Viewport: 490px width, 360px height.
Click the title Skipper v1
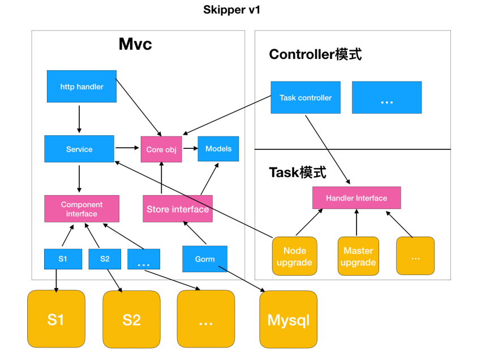pos(231,10)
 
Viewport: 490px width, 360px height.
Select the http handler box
pos(81,87)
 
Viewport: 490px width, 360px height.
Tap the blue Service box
pos(79,149)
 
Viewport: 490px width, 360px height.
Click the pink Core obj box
pos(161,149)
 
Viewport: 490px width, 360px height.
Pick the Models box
pos(218,148)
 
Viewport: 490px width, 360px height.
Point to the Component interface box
pos(81,209)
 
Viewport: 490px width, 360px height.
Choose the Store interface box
pos(178,209)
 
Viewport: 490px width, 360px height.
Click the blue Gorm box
pos(204,259)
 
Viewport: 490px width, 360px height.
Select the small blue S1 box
pos(62,259)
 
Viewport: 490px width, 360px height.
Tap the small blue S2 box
pos(105,259)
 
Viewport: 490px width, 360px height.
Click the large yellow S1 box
pos(55,319)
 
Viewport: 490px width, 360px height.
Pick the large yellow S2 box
pos(131,319)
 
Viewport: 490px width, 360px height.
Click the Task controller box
pos(306,97)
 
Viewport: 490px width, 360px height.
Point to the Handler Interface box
pos(356,198)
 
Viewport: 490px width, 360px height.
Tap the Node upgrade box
pos(294,256)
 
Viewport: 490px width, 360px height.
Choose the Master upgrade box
pos(358,256)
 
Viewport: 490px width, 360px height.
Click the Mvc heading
pos(135,44)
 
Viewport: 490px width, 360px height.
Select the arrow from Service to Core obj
pos(127,148)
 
